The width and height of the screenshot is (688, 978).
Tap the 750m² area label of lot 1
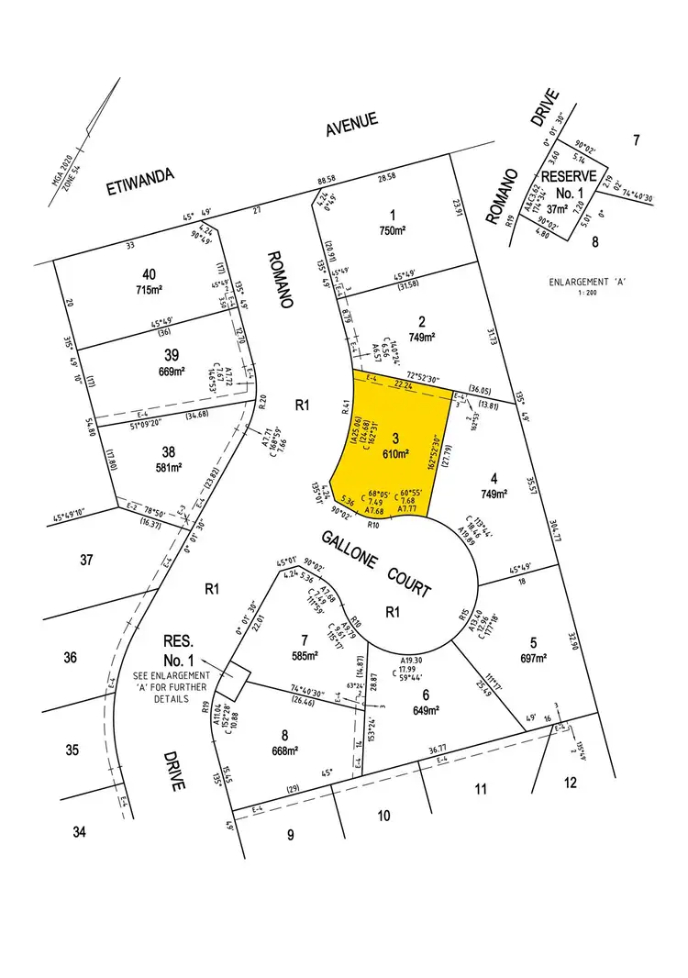[x=394, y=231]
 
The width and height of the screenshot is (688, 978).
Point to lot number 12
[x=571, y=783]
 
